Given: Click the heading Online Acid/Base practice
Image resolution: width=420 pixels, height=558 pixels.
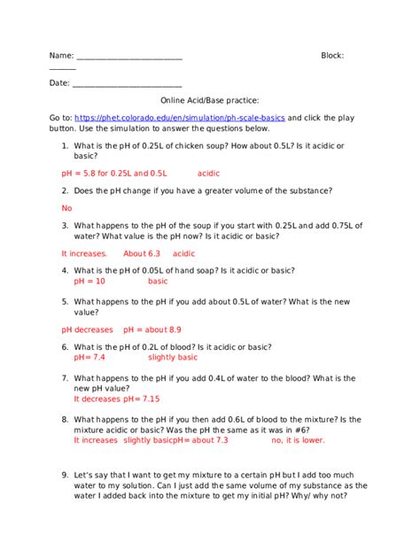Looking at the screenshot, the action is (x=209, y=101).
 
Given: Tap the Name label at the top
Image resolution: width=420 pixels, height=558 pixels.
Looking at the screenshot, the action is (x=60, y=56).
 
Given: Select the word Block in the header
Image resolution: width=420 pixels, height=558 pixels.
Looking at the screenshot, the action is (x=331, y=56).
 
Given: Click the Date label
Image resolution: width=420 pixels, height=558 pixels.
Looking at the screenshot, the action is (x=58, y=83).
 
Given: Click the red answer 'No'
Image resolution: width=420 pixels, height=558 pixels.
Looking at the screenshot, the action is (x=66, y=208).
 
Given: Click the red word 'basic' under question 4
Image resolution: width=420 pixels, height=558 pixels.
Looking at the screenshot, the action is (x=158, y=281).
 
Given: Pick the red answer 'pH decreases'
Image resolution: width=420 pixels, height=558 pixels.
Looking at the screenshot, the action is (x=87, y=329).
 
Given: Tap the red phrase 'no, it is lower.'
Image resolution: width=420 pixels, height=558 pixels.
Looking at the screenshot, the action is (x=298, y=439).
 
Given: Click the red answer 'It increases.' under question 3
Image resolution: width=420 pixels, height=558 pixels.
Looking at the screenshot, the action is (x=84, y=253).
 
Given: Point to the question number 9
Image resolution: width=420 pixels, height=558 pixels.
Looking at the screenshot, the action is (x=65, y=475).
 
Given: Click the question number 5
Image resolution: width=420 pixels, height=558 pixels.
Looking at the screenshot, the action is (x=65, y=302).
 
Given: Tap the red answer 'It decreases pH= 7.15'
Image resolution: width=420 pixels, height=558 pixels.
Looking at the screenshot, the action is (x=117, y=399).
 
